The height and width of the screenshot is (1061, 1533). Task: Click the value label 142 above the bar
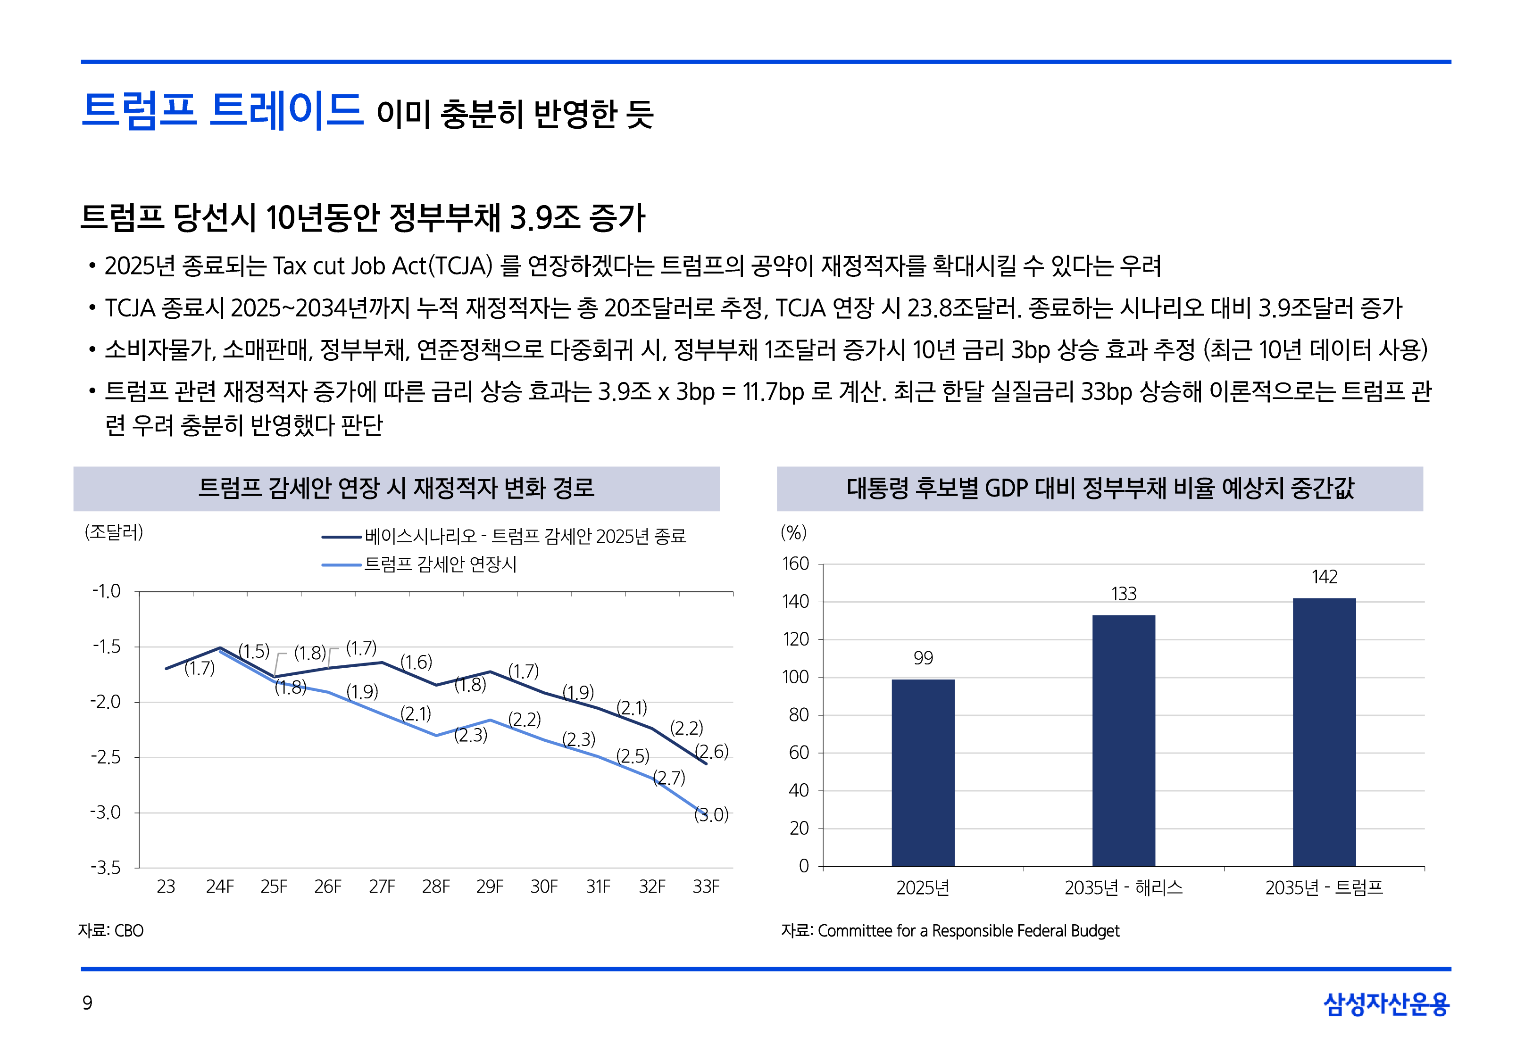pyautogui.click(x=1324, y=577)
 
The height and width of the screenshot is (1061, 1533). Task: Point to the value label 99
pyautogui.click(x=923, y=658)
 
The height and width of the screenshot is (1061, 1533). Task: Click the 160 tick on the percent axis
pyautogui.click(x=795, y=564)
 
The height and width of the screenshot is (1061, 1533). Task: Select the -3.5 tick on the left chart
pyautogui.click(x=106, y=868)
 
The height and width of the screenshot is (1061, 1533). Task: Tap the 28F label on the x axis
pyautogui.click(x=436, y=887)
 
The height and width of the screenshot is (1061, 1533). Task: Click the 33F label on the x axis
pyautogui.click(x=706, y=887)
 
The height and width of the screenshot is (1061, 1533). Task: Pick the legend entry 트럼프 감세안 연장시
pyautogui.click(x=440, y=564)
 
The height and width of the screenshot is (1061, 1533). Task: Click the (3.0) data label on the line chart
pyautogui.click(x=711, y=815)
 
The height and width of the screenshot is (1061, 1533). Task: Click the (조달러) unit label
pyautogui.click(x=114, y=532)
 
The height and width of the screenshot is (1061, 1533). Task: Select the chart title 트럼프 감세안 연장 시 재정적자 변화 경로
pyautogui.click(x=396, y=489)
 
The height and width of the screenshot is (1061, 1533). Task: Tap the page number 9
pyautogui.click(x=87, y=1003)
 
